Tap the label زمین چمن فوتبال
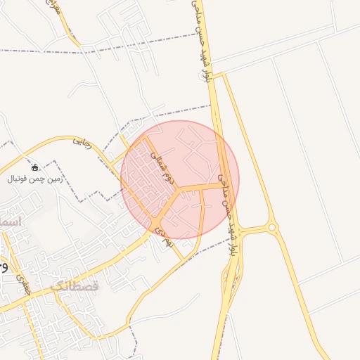[36, 179]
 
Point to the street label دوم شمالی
[160, 167]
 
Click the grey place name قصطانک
[76, 286]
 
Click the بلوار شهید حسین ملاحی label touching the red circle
[224, 190]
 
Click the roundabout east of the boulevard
[273, 228]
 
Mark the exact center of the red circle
[180, 179]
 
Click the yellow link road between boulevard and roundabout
[253, 229]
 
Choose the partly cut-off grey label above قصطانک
[10, 221]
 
